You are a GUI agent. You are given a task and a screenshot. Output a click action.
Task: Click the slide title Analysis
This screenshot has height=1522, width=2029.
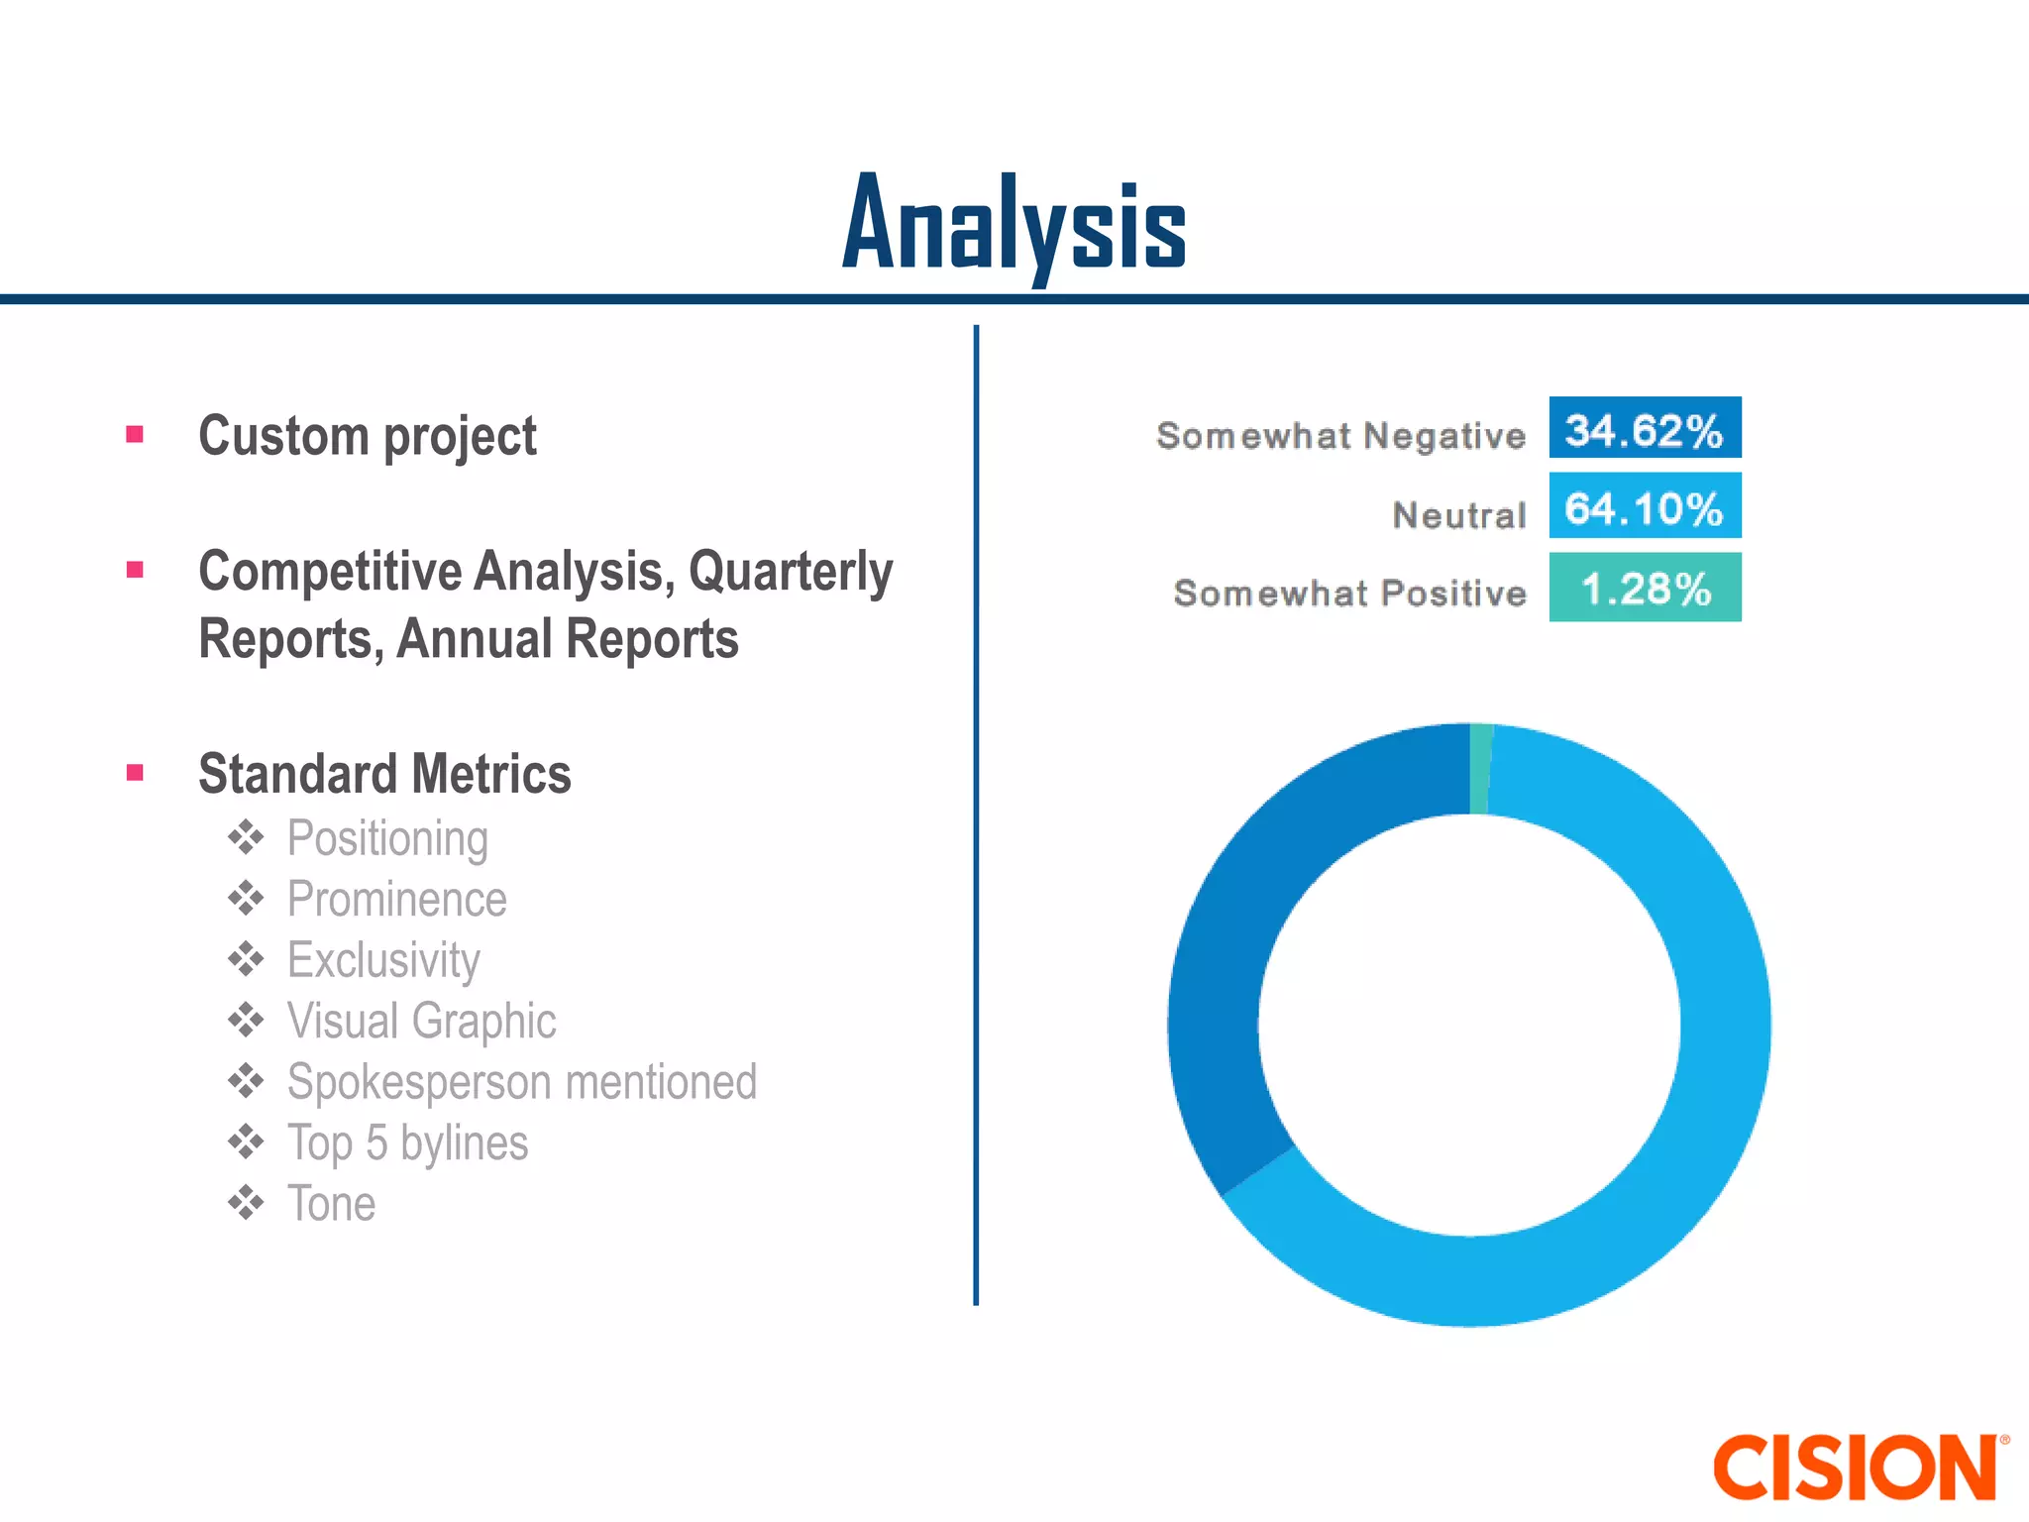pyautogui.click(x=1014, y=226)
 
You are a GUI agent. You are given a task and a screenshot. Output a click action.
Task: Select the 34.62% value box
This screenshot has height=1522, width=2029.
pyautogui.click(x=1645, y=428)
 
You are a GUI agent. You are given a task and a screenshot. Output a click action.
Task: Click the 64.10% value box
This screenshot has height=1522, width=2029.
pyautogui.click(x=1645, y=506)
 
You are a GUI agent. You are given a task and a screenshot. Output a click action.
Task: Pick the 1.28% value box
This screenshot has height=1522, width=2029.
pyautogui.click(x=1645, y=588)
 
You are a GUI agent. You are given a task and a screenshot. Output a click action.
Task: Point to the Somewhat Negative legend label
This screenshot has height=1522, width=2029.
pyautogui.click(x=1340, y=435)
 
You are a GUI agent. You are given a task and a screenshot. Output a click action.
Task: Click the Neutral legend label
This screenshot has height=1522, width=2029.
pyautogui.click(x=1458, y=515)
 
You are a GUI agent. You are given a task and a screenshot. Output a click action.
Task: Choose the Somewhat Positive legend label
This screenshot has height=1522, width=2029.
pyautogui.click(x=1349, y=593)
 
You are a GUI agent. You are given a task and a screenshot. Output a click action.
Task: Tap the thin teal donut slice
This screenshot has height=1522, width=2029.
pyautogui.click(x=1480, y=769)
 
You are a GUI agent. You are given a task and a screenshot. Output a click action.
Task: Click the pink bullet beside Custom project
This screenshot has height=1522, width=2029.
pyautogui.click(x=136, y=434)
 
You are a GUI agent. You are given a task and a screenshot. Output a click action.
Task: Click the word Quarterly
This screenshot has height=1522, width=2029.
pyautogui.click(x=791, y=572)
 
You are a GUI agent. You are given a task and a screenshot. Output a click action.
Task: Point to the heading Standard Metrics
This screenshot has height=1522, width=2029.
pyautogui.click(x=384, y=774)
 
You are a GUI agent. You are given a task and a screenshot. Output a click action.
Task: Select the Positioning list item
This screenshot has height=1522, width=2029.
pyautogui.click(x=387, y=838)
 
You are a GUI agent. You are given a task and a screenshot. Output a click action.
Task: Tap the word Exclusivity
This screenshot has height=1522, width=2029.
pyautogui.click(x=383, y=960)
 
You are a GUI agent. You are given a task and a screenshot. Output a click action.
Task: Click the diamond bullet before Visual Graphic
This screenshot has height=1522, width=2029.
pyautogui.click(x=246, y=1020)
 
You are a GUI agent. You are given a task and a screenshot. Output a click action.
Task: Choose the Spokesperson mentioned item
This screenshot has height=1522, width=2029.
pyautogui.click(x=521, y=1082)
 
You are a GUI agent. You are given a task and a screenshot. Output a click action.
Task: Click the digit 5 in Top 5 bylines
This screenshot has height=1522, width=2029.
pyautogui.click(x=376, y=1142)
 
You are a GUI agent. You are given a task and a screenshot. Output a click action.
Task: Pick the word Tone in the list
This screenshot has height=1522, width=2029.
pyautogui.click(x=331, y=1204)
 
